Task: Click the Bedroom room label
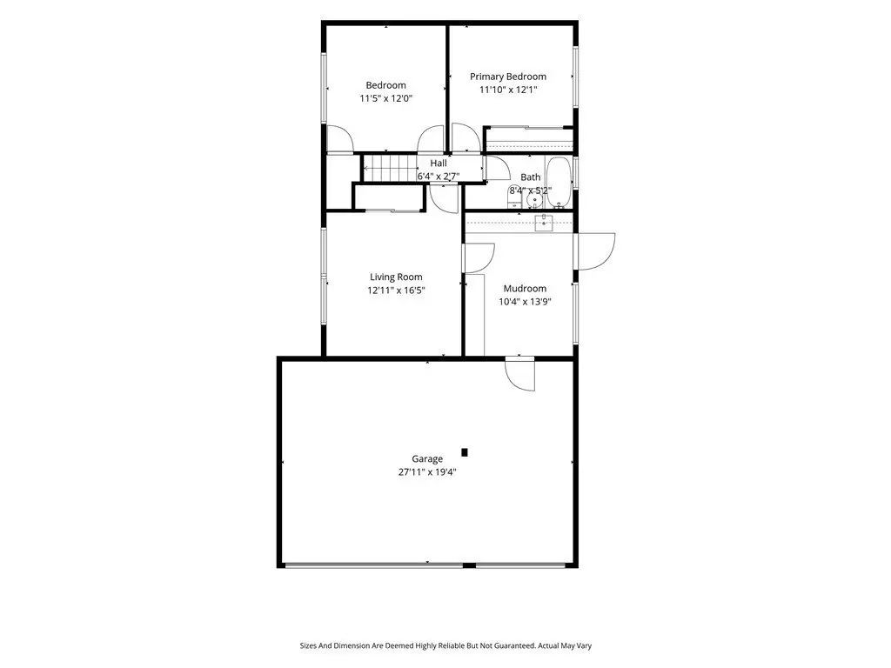click(x=385, y=85)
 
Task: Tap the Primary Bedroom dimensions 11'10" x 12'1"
click(x=508, y=90)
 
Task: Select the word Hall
click(x=439, y=163)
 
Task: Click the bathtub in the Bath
click(x=558, y=182)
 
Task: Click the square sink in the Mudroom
click(x=544, y=223)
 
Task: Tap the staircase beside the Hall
click(x=391, y=168)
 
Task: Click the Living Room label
click(x=396, y=277)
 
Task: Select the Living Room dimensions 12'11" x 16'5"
click(x=396, y=291)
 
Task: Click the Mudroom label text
click(x=525, y=289)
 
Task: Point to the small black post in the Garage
click(x=465, y=452)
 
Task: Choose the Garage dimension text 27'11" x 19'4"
click(x=427, y=472)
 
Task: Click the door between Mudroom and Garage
click(x=520, y=372)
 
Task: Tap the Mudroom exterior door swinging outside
click(x=594, y=251)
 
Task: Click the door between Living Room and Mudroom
click(x=479, y=257)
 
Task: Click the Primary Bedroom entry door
click(x=466, y=137)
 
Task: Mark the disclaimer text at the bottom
click(x=445, y=646)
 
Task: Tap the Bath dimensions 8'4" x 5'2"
click(x=531, y=190)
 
